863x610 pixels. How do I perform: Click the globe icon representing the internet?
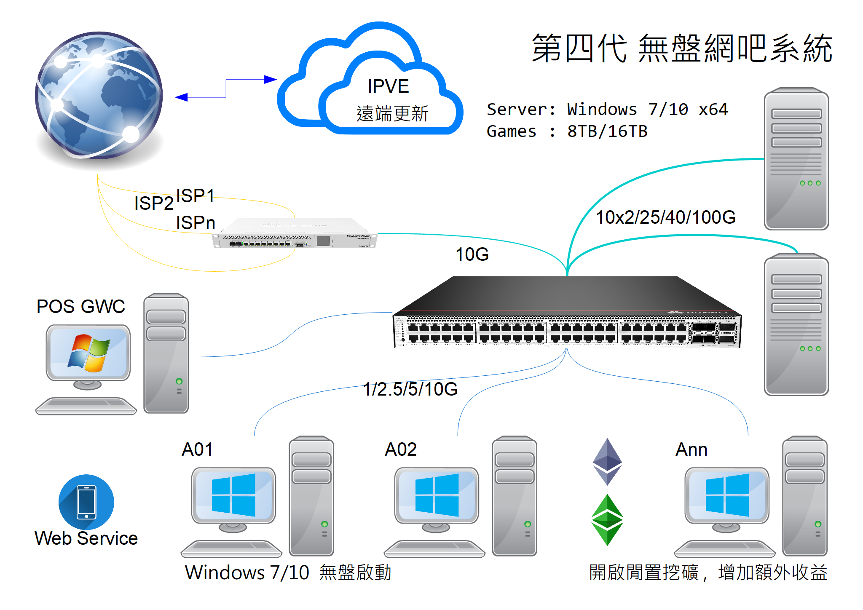click(x=99, y=95)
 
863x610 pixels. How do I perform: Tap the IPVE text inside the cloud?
click(x=388, y=86)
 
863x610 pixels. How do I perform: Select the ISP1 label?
click(x=195, y=196)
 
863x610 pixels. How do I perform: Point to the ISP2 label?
click(x=154, y=203)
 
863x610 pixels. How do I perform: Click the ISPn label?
click(x=196, y=223)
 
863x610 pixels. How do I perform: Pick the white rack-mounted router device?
click(x=295, y=234)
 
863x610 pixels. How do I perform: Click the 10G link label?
click(x=472, y=254)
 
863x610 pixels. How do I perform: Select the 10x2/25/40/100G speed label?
click(x=665, y=217)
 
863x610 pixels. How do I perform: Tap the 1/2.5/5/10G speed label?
click(x=410, y=389)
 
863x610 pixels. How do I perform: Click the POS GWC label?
click(x=81, y=306)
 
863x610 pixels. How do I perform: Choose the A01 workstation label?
click(x=197, y=449)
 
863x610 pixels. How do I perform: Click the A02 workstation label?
click(x=401, y=449)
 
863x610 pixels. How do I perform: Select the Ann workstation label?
click(x=691, y=449)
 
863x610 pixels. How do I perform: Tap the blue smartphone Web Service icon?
click(x=86, y=502)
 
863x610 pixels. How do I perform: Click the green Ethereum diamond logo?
click(x=607, y=520)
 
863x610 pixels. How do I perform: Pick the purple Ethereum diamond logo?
click(x=607, y=461)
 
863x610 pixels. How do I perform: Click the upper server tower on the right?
click(x=796, y=159)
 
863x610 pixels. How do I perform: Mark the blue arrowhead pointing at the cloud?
click(x=270, y=79)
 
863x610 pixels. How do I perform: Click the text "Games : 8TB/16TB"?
click(x=567, y=131)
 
